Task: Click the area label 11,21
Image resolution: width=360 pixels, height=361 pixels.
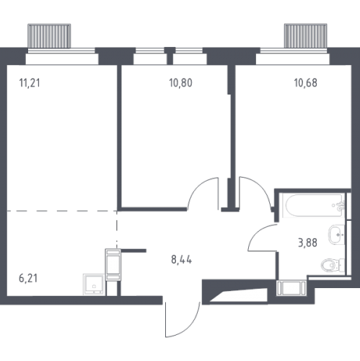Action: tap(30, 83)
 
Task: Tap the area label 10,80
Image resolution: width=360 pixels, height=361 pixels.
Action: tap(180, 83)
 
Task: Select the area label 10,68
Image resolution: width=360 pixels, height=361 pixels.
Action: tap(305, 83)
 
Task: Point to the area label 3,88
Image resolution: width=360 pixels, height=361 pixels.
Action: tap(307, 243)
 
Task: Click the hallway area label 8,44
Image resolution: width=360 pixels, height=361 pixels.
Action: tap(181, 260)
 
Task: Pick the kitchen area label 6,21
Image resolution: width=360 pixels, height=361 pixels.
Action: tap(28, 278)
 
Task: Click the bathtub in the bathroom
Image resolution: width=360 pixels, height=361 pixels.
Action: tap(314, 206)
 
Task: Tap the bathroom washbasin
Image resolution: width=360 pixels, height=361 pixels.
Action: tap(336, 234)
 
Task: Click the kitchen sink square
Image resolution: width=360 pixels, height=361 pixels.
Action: tap(94, 284)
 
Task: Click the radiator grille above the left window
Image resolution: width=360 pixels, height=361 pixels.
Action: tap(49, 36)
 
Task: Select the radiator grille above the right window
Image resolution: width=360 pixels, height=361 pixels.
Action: tap(305, 36)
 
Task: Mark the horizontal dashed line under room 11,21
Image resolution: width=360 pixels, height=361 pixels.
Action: tap(62, 211)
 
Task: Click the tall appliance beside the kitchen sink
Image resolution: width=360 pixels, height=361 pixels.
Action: tap(113, 265)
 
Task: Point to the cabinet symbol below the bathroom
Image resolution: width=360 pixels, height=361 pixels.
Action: tap(291, 288)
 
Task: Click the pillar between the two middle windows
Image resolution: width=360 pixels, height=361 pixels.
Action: tap(170, 56)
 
